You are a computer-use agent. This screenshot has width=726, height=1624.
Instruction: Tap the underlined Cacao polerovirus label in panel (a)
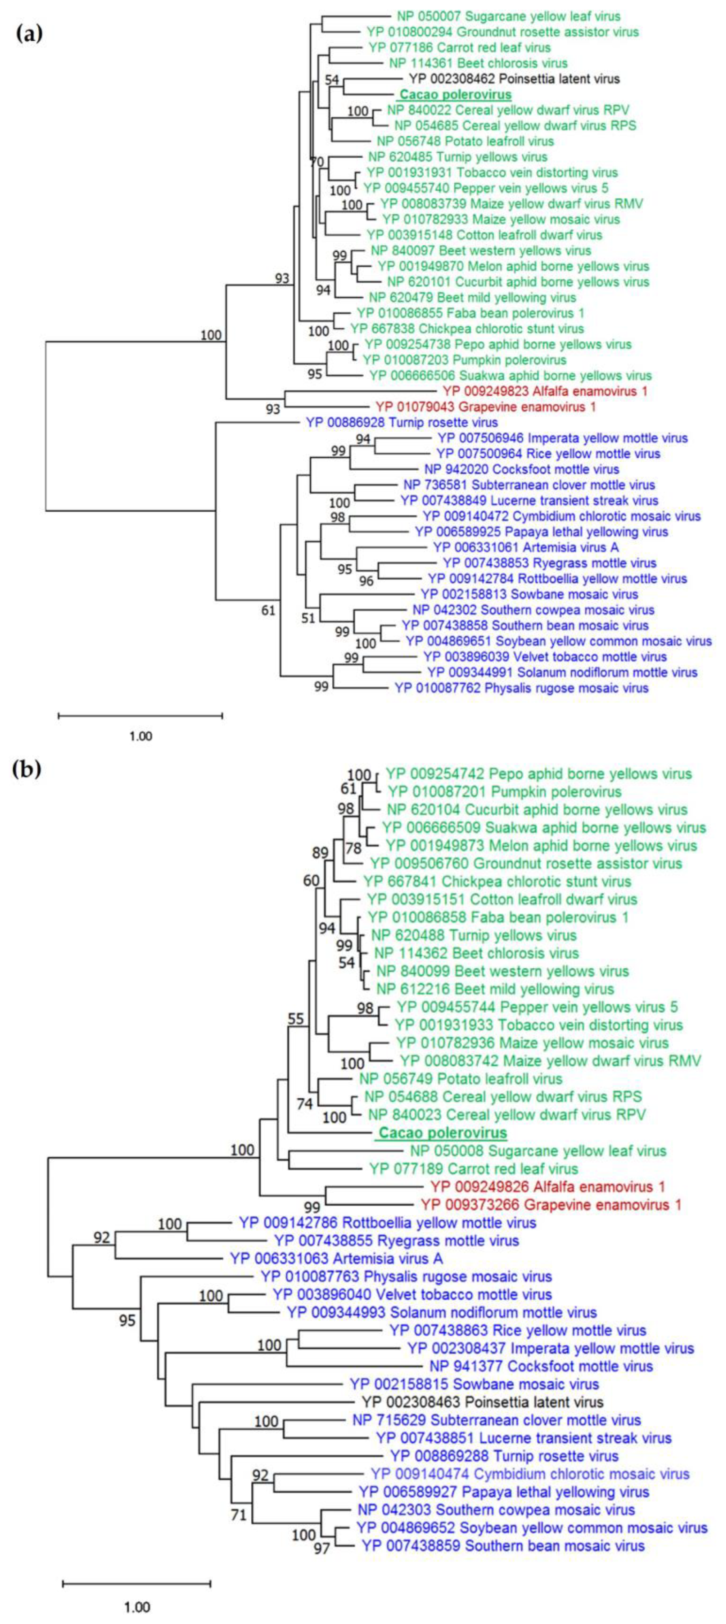point(454,94)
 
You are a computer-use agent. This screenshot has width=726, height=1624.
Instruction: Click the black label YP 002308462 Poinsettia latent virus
point(514,79)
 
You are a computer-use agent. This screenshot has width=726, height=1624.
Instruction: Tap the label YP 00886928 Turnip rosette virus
point(402,422)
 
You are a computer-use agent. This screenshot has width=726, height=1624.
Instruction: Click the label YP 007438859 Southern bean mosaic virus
point(503,1546)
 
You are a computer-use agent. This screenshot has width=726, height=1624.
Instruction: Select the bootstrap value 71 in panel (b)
point(239,1514)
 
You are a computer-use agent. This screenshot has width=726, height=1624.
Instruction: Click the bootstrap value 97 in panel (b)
point(322,1548)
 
